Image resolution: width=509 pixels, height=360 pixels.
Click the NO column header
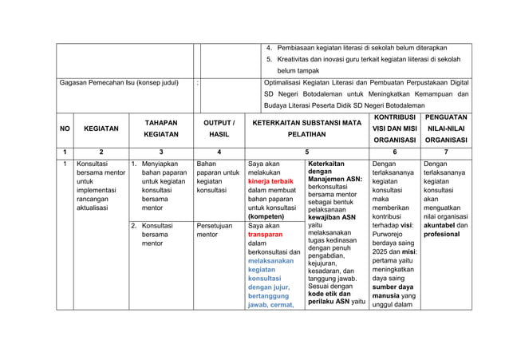click(x=64, y=129)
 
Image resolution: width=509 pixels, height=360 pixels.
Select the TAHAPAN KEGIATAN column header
click(x=161, y=129)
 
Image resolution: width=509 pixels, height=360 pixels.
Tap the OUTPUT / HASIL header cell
click(x=219, y=129)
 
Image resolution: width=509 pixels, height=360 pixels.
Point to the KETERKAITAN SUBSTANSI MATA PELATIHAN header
click(x=307, y=129)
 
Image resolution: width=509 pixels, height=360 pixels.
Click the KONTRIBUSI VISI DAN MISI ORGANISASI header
click(x=393, y=129)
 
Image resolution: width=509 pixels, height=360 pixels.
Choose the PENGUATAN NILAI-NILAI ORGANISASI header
click(x=447, y=129)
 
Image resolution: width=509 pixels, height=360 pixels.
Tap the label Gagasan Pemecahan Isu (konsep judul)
click(x=118, y=82)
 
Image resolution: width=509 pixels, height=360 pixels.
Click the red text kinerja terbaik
click(x=271, y=181)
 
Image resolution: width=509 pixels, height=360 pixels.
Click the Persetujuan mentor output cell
click(x=214, y=231)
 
